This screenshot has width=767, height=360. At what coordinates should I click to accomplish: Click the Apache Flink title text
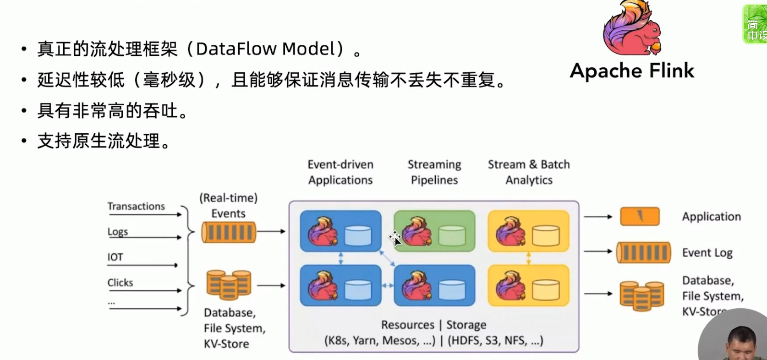632,71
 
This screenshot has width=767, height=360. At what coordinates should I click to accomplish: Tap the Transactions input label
136,207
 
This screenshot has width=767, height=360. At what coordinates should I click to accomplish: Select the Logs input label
117,232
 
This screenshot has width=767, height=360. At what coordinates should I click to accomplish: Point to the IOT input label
115,257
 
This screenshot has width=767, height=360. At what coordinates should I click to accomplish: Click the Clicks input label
120,283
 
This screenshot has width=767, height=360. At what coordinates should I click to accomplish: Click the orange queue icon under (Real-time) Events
229,232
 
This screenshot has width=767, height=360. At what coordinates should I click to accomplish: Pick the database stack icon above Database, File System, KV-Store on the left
229,285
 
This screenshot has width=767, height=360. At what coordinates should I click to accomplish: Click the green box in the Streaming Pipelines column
434,231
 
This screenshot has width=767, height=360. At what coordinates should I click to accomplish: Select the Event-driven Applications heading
340,172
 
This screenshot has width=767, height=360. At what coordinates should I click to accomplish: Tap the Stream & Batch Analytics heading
529,172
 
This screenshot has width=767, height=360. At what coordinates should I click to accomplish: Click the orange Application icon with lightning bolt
640,216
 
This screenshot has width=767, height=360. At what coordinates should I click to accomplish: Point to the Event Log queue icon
643,252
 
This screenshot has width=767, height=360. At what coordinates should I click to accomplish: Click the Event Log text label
707,253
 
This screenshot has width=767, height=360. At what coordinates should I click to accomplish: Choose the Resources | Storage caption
433,325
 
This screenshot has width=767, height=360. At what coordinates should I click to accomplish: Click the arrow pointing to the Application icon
598,217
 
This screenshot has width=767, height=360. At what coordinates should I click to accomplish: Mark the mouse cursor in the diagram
396,239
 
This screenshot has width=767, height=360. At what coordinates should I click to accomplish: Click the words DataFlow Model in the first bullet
265,49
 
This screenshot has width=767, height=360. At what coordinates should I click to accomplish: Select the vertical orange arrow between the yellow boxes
528,258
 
